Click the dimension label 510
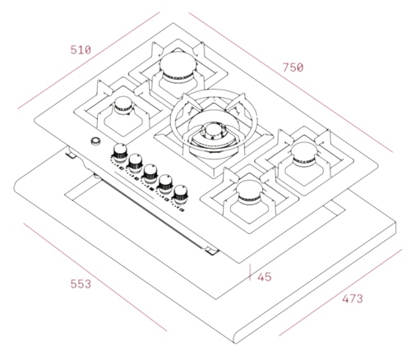81,50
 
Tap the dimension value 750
293,67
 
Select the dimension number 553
81,284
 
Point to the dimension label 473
353,298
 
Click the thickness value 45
265,277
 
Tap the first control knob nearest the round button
120,152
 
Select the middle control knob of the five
150,173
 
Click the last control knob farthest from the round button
181,194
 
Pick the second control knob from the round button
135,162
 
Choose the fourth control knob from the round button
165,183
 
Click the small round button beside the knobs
95,141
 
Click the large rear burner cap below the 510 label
178,66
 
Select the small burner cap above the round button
124,104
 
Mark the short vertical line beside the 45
250,272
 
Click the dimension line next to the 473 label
340,293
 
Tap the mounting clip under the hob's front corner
212,251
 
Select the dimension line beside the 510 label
89,60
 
